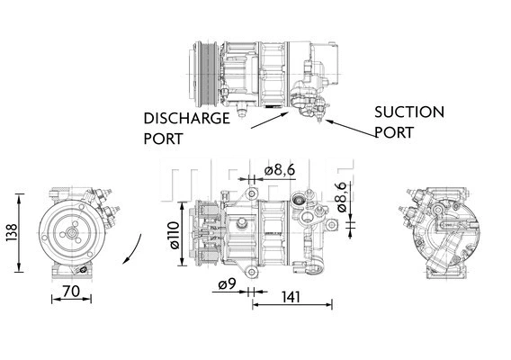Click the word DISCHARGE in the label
point(186,118)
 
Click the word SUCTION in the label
point(408,112)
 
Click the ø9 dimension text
point(226,286)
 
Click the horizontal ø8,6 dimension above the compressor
point(281,171)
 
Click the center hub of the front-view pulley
point(71,232)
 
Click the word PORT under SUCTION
point(394,132)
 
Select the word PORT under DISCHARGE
point(163,139)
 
